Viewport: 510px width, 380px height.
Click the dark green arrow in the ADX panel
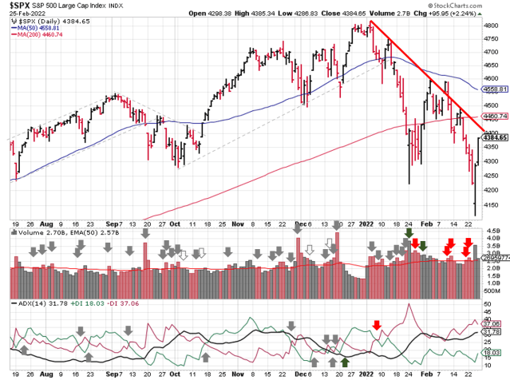(345, 363)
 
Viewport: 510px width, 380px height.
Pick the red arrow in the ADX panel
(376, 325)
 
